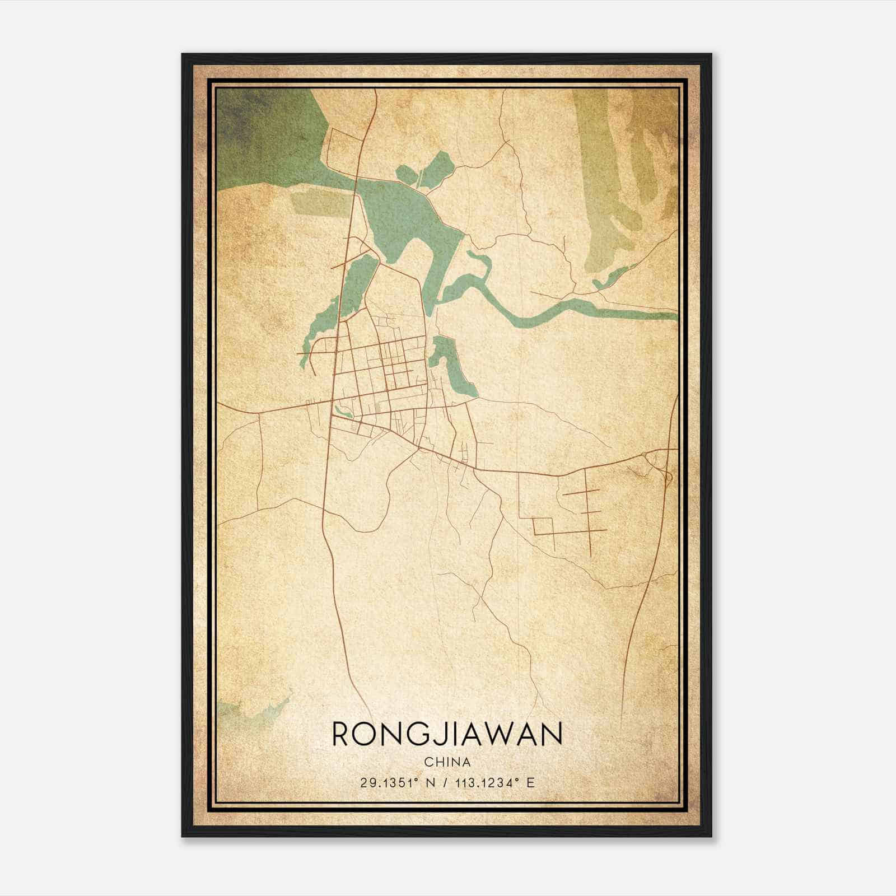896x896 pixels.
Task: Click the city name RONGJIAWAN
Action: pos(447,734)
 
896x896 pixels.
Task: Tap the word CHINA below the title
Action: pos(447,762)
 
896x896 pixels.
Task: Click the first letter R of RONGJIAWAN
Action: pos(343,734)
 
